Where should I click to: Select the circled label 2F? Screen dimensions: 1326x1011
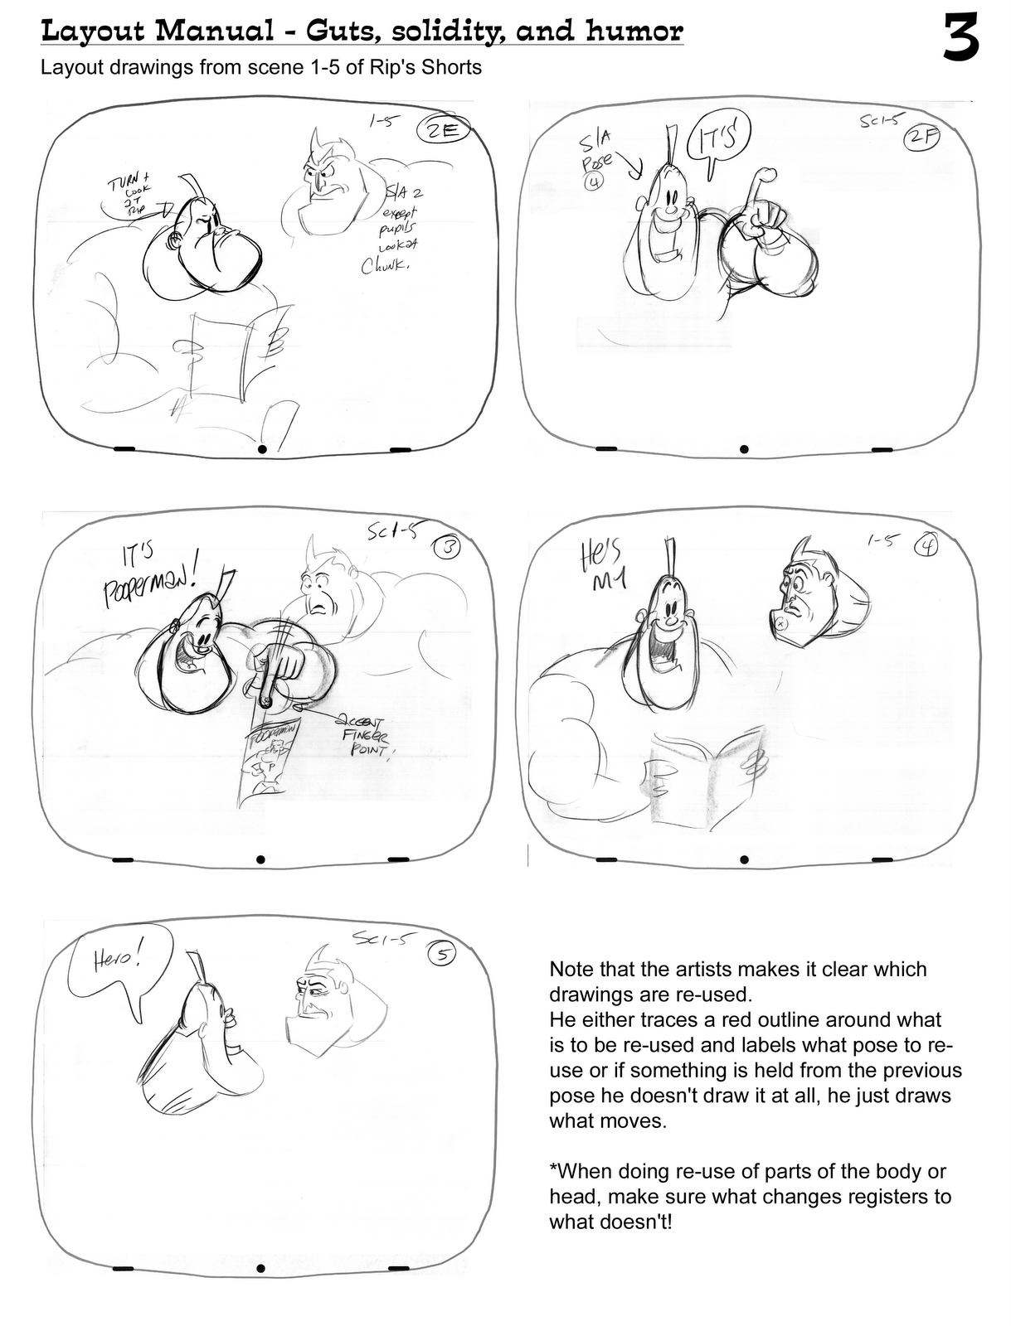pyautogui.click(x=920, y=138)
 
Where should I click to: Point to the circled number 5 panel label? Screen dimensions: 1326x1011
pyautogui.click(x=441, y=955)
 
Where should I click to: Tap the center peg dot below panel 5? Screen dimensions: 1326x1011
pyautogui.click(x=260, y=1268)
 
